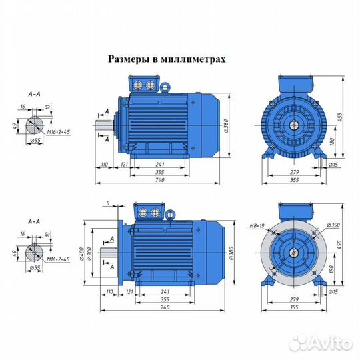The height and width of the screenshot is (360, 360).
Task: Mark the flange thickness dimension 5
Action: click(x=107, y=202)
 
